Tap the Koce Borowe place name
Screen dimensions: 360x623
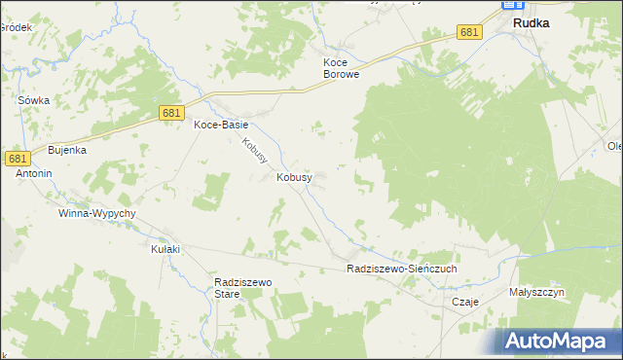coord(342,67)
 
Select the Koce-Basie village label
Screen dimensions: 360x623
coord(221,125)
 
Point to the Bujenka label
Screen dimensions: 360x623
coord(68,151)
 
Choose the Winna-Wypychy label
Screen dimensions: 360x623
coord(96,212)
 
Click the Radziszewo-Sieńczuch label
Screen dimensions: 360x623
coord(401,268)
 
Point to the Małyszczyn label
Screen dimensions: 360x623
coord(536,291)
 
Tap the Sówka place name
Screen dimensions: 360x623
coord(33,100)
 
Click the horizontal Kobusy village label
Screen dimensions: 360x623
coord(294,177)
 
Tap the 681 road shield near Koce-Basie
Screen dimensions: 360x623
coord(172,114)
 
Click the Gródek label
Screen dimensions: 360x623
coord(16,27)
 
